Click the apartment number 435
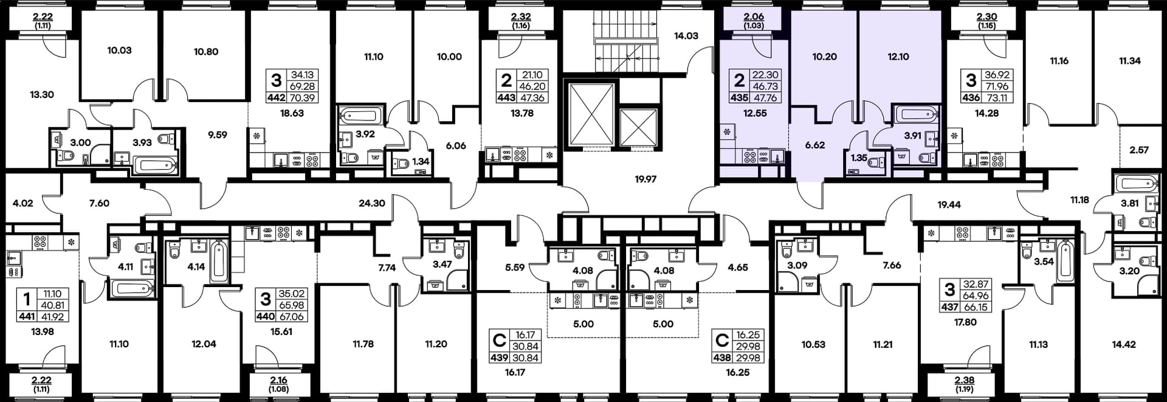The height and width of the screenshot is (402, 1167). (x=739, y=97)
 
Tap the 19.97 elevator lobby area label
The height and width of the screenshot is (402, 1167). (x=645, y=179)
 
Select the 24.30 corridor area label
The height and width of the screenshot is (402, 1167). (x=371, y=203)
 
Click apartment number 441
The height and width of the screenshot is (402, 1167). (x=27, y=316)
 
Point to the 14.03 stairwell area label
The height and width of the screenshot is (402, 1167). (x=686, y=36)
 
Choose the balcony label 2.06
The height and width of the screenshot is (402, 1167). (x=754, y=17)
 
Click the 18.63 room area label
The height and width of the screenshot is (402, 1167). (x=292, y=113)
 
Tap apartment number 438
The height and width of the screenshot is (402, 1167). (x=721, y=358)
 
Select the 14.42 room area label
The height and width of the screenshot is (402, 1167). (x=1123, y=344)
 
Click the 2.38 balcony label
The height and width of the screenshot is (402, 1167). (x=965, y=381)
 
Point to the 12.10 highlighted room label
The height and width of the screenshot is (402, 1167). (x=898, y=57)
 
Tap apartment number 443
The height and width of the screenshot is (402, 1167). (x=506, y=97)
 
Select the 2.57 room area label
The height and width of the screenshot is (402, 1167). (x=1139, y=150)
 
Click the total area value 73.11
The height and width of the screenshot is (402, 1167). (x=997, y=97)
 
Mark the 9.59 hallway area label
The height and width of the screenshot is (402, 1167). (x=217, y=135)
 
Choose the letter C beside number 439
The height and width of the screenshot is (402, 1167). (x=499, y=339)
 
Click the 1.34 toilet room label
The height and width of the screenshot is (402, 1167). (x=421, y=162)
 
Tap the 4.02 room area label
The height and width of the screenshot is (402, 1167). (x=22, y=203)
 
